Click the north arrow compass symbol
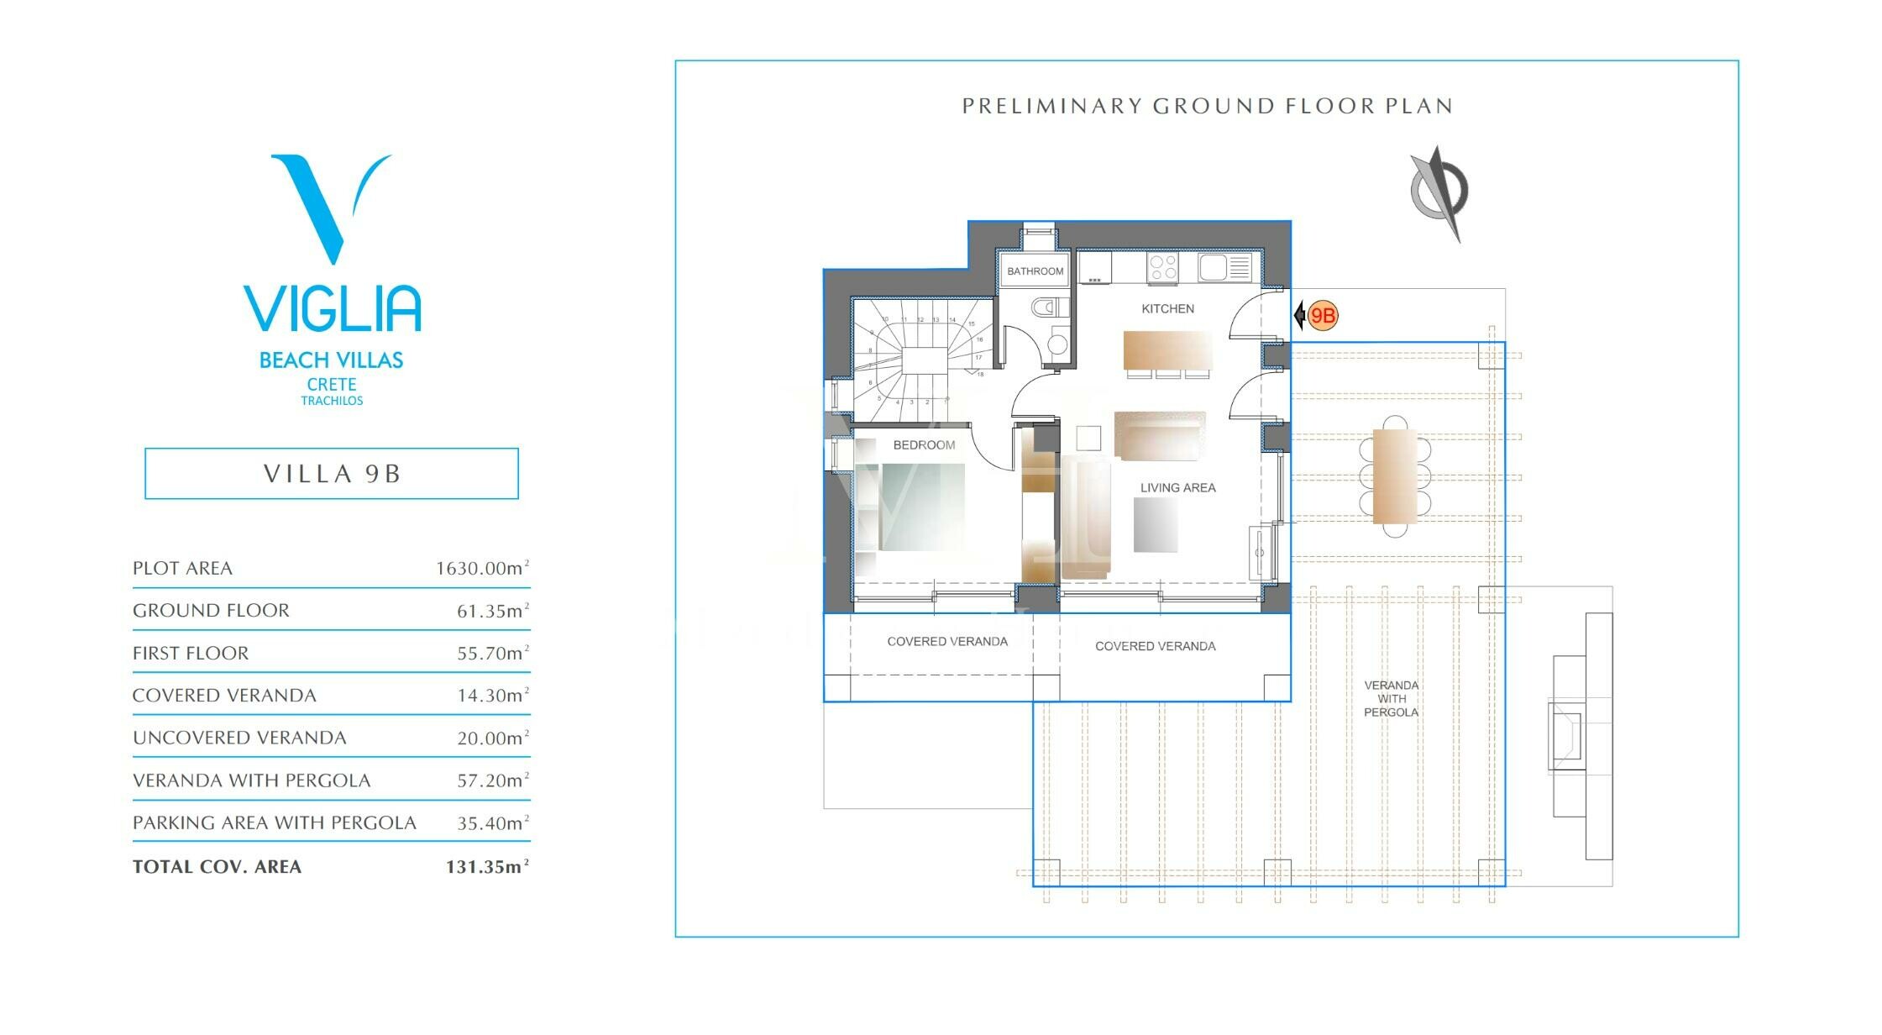pyautogui.click(x=1439, y=193)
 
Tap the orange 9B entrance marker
pyautogui.click(x=1323, y=316)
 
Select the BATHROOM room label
pyautogui.click(x=1035, y=271)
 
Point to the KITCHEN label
pyautogui.click(x=1167, y=308)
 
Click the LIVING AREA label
pyautogui.click(x=1177, y=487)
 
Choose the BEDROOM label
pyautogui.click(x=924, y=445)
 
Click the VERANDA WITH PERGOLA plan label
pyautogui.click(x=1391, y=699)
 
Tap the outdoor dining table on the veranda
pyautogui.click(x=1395, y=475)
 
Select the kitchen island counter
pyautogui.click(x=1167, y=350)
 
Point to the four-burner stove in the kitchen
pyautogui.click(x=1162, y=268)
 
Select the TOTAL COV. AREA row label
pyautogui.click(x=217, y=867)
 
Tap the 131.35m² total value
pyautogui.click(x=487, y=867)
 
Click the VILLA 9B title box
pyautogui.click(x=332, y=474)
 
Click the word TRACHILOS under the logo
pyautogui.click(x=332, y=401)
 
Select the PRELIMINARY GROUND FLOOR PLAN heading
pyautogui.click(x=1207, y=106)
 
